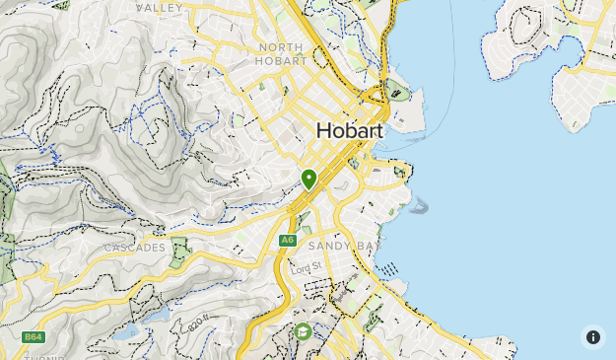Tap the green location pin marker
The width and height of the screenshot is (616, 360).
pos(309,179)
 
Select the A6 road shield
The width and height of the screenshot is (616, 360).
pos(287,240)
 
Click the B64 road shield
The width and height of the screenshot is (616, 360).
pos(34,336)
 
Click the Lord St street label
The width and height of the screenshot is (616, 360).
pos(306,267)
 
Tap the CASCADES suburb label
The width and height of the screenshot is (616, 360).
pos(134,247)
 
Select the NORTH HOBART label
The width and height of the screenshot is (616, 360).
pos(282,53)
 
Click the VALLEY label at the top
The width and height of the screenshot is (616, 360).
pos(160,7)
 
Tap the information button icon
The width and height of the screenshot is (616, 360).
pos(593,336)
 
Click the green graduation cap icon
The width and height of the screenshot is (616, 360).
pos(303,331)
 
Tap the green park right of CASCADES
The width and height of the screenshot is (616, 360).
pos(179,252)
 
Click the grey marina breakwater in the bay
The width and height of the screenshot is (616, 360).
pos(421,206)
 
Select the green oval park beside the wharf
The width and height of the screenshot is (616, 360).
pos(397,91)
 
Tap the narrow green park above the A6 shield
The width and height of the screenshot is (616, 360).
pos(303,222)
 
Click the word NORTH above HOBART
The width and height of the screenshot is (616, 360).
pos(282,46)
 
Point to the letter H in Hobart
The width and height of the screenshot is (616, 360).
pos(325,131)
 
